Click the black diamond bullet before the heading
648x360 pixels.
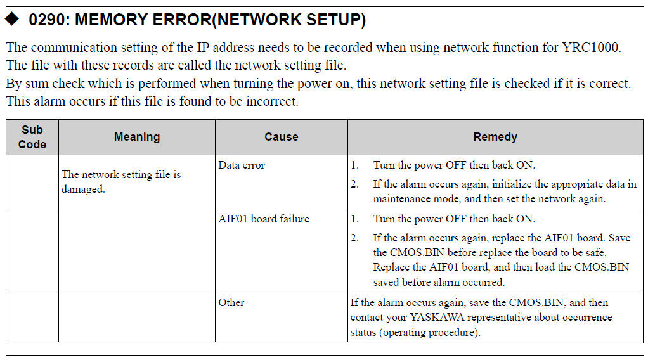pyautogui.click(x=12, y=19)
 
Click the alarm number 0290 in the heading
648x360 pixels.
pyautogui.click(x=46, y=20)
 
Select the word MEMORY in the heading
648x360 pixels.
pyautogui.click(x=111, y=20)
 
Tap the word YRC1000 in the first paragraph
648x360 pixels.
pyautogui.click(x=590, y=48)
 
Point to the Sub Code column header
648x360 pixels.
pyautogui.click(x=32, y=138)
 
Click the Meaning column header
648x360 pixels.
pyautogui.click(x=137, y=137)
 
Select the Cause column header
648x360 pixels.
pyautogui.click(x=282, y=137)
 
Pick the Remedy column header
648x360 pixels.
pyautogui.click(x=495, y=137)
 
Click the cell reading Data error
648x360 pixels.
pyautogui.click(x=242, y=165)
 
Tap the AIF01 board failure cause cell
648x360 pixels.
pyautogui.click(x=264, y=219)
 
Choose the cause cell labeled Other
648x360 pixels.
pyautogui.click(x=231, y=302)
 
